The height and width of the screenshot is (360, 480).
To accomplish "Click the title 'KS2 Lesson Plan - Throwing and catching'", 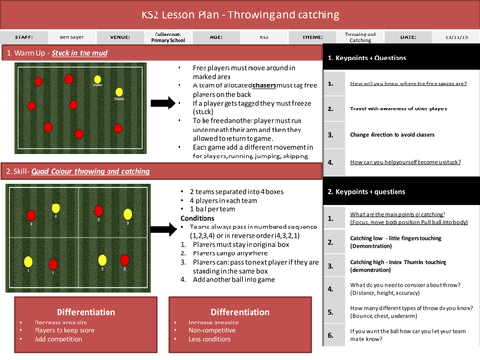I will pos(239,13).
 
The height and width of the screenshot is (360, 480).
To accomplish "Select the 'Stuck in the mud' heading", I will pos(92,53).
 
